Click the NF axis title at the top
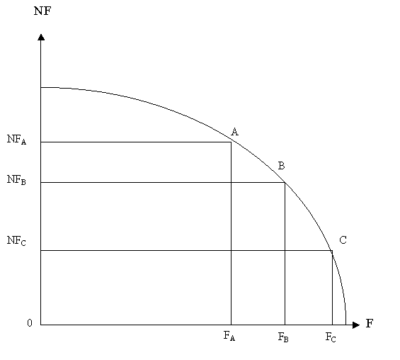click(x=42, y=11)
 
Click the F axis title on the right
click(x=370, y=323)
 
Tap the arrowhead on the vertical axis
click(x=41, y=38)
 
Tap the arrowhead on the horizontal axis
click(x=356, y=325)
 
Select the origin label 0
click(x=30, y=323)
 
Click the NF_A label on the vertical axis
click(x=16, y=140)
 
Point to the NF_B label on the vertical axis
click(x=16, y=180)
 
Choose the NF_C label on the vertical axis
click(x=16, y=241)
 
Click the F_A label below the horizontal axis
click(x=229, y=336)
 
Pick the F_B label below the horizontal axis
click(x=283, y=337)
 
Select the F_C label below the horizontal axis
click(x=331, y=337)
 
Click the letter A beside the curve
click(x=235, y=132)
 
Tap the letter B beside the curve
click(x=281, y=166)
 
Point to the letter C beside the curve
click(x=343, y=240)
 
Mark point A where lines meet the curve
click(x=231, y=142)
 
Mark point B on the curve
click(x=285, y=182)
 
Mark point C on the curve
click(x=332, y=250)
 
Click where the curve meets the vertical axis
click(x=41, y=88)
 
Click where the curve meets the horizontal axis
click(x=345, y=325)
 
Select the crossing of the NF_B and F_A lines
click(x=231, y=182)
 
